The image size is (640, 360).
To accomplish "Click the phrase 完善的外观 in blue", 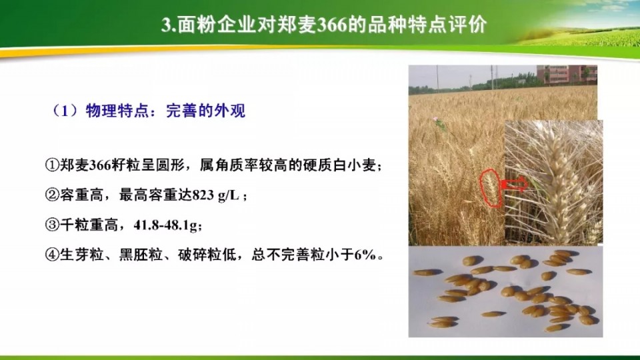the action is click(x=205, y=111).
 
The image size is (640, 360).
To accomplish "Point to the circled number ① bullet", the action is click(x=52, y=165).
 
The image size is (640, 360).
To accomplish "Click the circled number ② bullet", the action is click(x=52, y=195).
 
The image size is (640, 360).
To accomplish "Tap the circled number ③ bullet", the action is click(x=52, y=225).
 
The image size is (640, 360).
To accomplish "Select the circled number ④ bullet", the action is click(x=52, y=255).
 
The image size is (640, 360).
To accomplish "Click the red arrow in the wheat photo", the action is click(x=514, y=185).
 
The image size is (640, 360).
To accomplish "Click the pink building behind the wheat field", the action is click(x=567, y=74).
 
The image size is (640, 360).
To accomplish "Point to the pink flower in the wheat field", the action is click(x=436, y=119).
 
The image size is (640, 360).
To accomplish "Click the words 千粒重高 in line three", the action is click(x=89, y=225).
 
